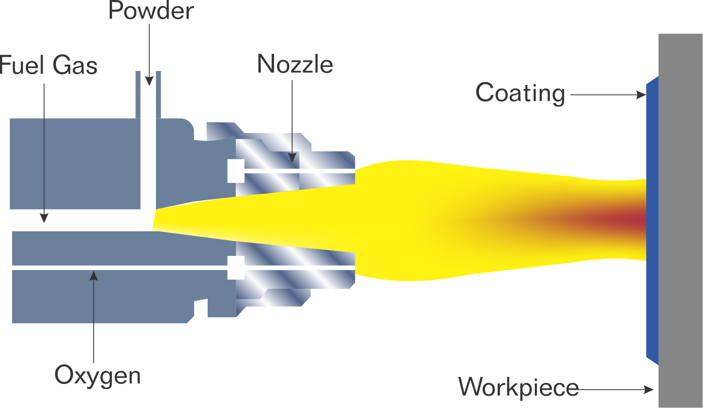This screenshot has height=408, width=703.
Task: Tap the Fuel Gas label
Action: coord(48,65)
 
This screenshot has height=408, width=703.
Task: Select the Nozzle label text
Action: coord(295,64)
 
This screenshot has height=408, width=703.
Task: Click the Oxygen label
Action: coord(98,375)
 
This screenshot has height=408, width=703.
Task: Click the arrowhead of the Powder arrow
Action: coord(149,81)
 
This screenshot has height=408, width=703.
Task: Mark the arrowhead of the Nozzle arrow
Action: coord(292,158)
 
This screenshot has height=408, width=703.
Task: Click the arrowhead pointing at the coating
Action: coord(641,95)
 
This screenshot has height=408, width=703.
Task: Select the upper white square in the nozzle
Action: coord(236,171)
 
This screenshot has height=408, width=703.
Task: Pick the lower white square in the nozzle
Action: coord(236,268)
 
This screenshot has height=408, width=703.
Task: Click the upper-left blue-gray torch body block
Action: coord(74,164)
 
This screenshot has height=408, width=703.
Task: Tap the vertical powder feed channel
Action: coord(148,148)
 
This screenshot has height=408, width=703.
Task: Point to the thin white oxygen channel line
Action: coord(117,268)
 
